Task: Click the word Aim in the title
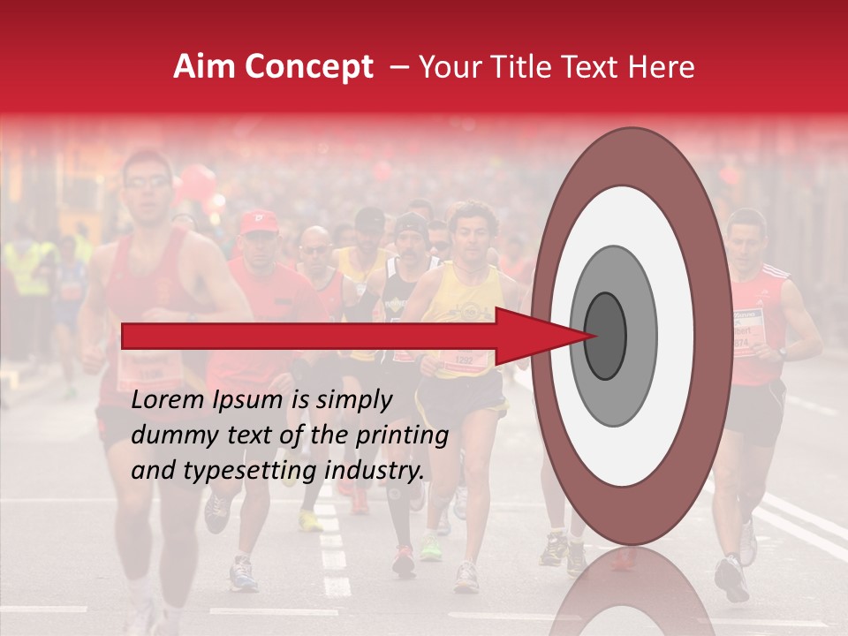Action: click(206, 67)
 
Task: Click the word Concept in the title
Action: click(308, 68)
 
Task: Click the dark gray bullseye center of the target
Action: click(605, 335)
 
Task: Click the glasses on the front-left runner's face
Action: click(147, 182)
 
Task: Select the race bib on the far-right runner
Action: click(746, 332)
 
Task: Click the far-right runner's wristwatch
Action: click(782, 353)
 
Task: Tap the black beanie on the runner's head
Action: click(410, 226)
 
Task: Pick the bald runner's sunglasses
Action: click(315, 249)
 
